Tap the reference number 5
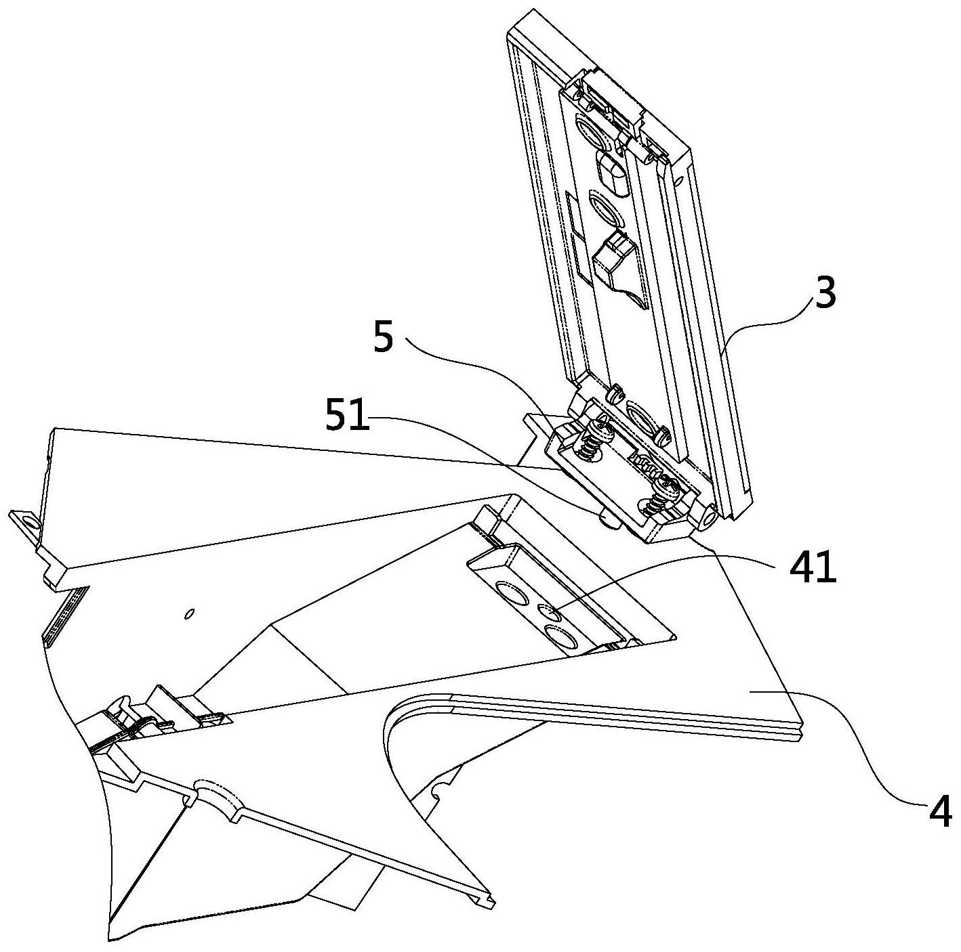[x=383, y=337]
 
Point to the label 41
[x=811, y=569]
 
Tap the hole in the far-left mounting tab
[x=28, y=523]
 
